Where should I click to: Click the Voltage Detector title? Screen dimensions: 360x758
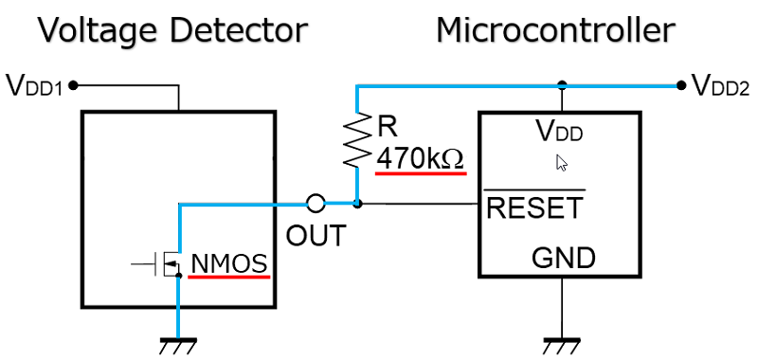pos(172,30)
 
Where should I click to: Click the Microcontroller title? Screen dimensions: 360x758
pos(555,30)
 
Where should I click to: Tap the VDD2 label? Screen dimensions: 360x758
pos(721,86)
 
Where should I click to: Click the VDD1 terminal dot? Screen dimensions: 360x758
pos(74,85)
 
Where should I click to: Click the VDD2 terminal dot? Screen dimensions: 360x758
pos(682,85)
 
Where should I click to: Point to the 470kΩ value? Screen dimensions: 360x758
pos(421,157)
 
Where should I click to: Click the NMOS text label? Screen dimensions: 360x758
pos(229,262)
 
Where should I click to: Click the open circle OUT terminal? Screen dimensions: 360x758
pos(316,203)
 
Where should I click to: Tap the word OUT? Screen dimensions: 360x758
pos(316,234)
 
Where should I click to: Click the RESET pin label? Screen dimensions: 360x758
pos(534,207)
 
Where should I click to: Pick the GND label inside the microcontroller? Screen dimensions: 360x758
pos(563,257)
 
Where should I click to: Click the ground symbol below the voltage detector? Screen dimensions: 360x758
pos(177,344)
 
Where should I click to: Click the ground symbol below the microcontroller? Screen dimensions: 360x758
pos(564,344)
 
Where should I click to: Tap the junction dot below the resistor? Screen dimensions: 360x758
pos(358,203)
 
